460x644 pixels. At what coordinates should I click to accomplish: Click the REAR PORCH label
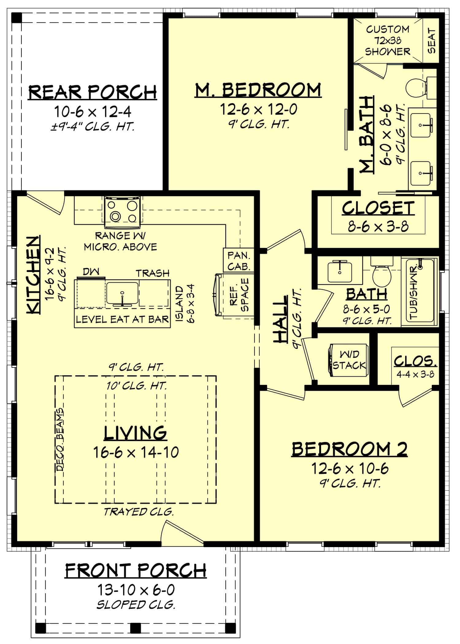coord(92,92)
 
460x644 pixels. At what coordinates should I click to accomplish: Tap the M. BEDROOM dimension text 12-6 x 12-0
coord(259,109)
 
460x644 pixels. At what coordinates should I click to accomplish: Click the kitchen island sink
coord(122,294)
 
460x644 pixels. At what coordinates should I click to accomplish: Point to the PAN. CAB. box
coord(239,261)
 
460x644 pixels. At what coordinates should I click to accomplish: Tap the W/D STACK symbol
coord(349,360)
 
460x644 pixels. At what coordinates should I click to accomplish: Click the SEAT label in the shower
coord(431,41)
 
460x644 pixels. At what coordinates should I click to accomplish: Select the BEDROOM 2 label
coord(350,449)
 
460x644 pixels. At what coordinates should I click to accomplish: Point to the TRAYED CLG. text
coord(139,512)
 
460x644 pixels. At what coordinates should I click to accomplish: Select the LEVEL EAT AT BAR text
coord(122,320)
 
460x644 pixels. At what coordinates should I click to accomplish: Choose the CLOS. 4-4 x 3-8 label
coord(415,366)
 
